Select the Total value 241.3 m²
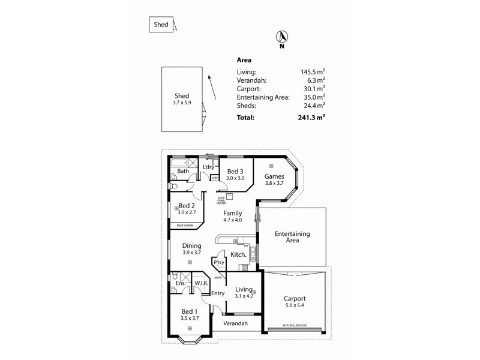312,118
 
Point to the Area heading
244,60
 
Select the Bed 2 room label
186,206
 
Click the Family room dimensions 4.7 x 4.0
232,220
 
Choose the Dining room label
191,245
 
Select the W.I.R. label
200,283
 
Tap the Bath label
183,172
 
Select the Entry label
217,293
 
